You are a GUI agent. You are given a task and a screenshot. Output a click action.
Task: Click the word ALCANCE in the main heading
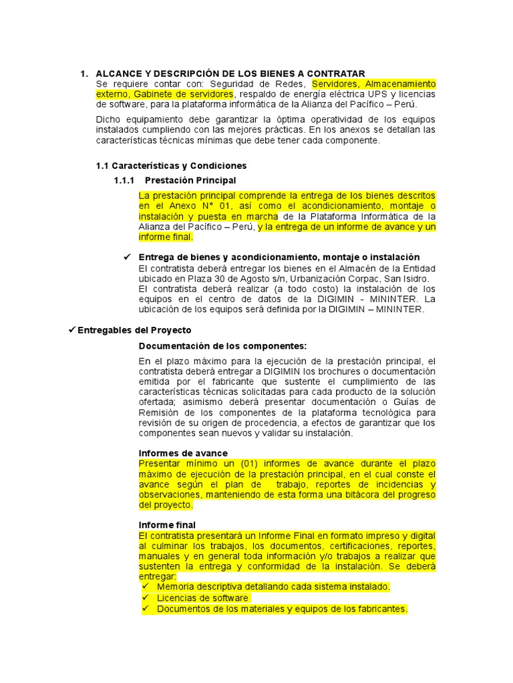click(x=121, y=73)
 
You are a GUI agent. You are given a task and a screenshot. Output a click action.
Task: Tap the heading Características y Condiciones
click(x=179, y=165)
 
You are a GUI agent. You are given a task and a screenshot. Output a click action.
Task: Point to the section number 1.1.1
click(x=124, y=181)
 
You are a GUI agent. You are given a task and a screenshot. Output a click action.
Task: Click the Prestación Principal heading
click(x=190, y=181)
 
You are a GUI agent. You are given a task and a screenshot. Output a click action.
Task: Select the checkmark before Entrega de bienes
click(x=128, y=257)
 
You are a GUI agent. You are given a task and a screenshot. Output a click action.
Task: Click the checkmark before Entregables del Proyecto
click(x=73, y=330)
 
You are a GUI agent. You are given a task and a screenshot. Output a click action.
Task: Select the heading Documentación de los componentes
click(x=222, y=346)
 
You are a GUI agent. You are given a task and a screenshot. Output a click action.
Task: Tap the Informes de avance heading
click(x=183, y=454)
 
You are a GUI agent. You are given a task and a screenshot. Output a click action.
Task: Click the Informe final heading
click(x=167, y=525)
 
